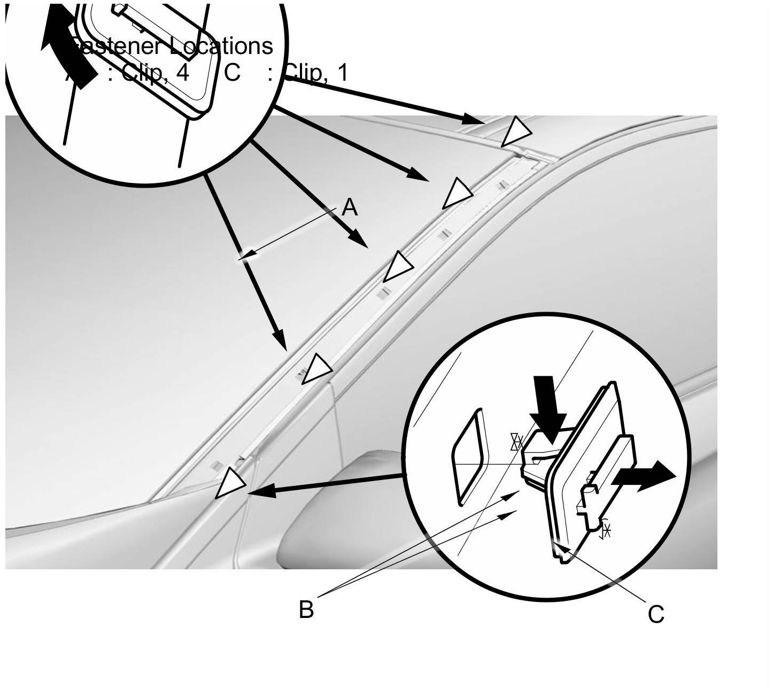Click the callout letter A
pyautogui.click(x=349, y=207)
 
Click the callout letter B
pyautogui.click(x=306, y=609)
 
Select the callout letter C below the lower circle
pyautogui.click(x=656, y=614)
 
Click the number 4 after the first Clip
pyautogui.click(x=182, y=72)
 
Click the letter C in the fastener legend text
pyautogui.click(x=232, y=72)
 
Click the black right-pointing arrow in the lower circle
pyautogui.click(x=646, y=474)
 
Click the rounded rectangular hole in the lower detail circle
pyautogui.click(x=470, y=456)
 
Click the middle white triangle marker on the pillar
pyautogui.click(x=397, y=266)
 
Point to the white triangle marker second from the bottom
pyautogui.click(x=316, y=368)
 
